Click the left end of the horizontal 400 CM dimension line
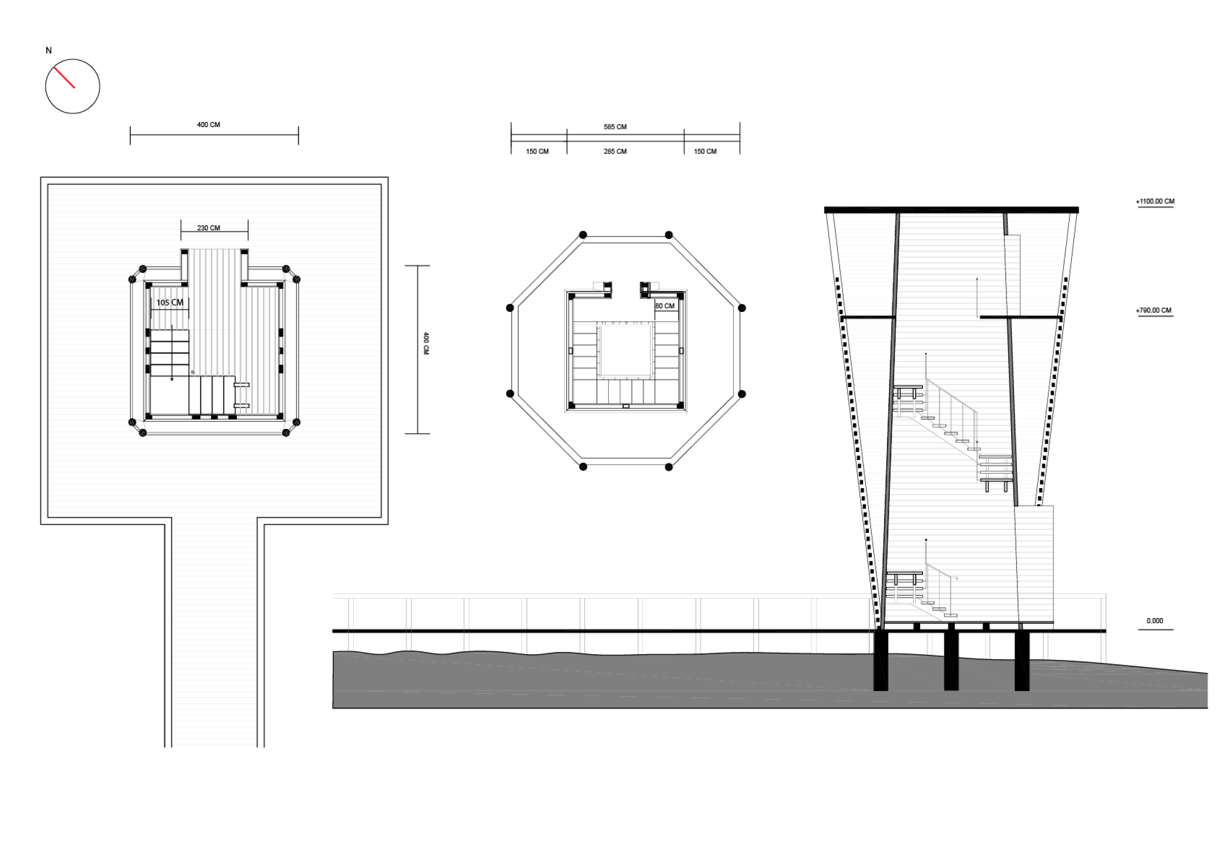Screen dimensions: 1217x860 tap(130, 135)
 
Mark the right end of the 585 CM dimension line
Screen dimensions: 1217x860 tap(740, 135)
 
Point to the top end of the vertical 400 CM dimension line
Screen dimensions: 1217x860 tap(418, 265)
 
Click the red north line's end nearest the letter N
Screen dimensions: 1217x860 tap(55, 67)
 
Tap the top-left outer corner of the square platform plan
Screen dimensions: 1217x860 tap(41, 178)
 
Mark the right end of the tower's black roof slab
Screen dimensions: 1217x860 tap(1078, 210)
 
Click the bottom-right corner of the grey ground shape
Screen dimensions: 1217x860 tap(1207, 708)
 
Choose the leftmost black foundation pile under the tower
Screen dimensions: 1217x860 tap(881, 659)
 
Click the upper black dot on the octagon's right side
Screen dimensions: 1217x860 tap(742, 308)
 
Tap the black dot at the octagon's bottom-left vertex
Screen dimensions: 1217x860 tap(583, 467)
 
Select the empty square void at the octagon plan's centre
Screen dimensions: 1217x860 tap(626, 351)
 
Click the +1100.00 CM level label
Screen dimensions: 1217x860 tap(1155, 201)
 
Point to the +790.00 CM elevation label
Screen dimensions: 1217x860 tap(1153, 311)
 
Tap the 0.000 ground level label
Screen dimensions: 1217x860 tap(1155, 621)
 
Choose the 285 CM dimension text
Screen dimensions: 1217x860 tap(615, 151)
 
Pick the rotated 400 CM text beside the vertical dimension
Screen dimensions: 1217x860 tap(426, 343)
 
